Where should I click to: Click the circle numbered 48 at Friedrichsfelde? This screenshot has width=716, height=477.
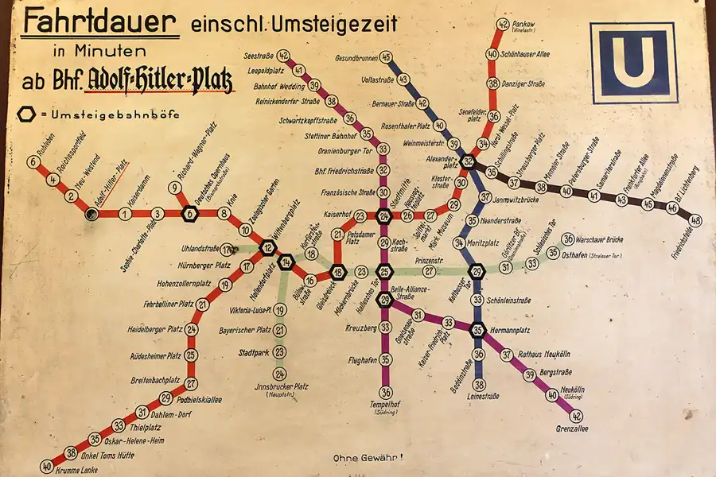pos(696,220)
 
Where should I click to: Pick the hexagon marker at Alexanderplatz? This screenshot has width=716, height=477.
pos(469,161)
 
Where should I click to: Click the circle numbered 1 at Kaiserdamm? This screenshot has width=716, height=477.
pos(124,214)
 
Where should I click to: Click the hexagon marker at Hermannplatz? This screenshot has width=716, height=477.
pos(477,330)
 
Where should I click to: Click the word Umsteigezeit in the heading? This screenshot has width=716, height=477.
pos(334,24)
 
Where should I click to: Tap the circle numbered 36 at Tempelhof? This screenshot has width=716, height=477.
pos(385,391)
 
